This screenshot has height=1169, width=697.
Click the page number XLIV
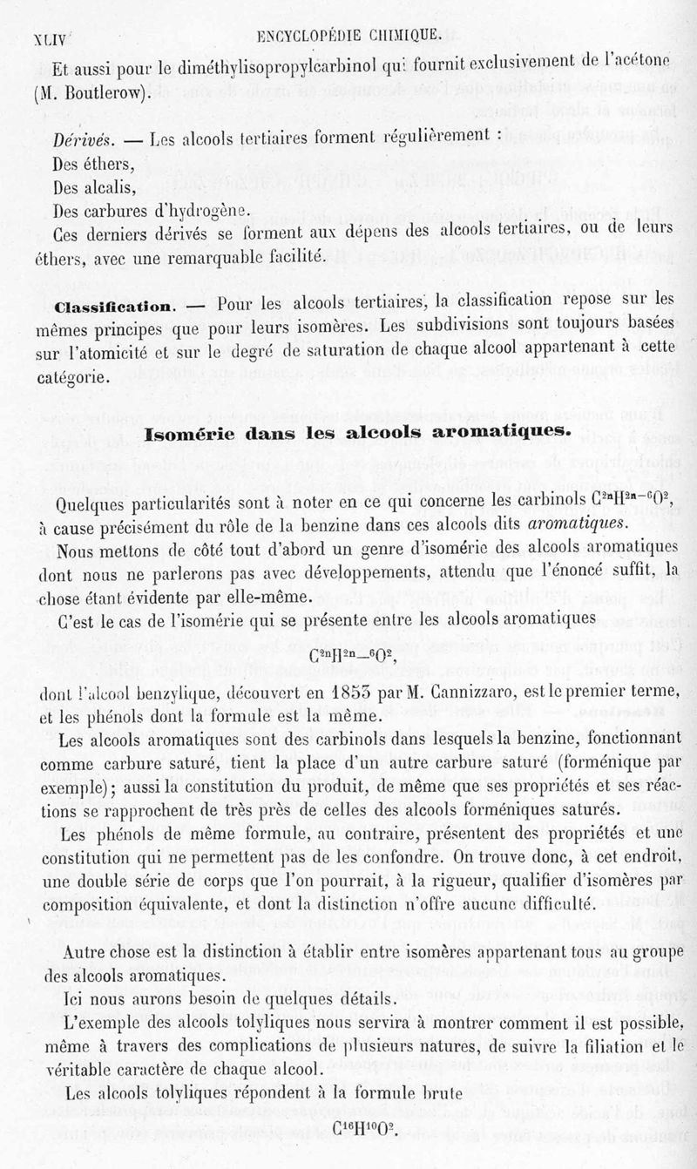52,39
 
